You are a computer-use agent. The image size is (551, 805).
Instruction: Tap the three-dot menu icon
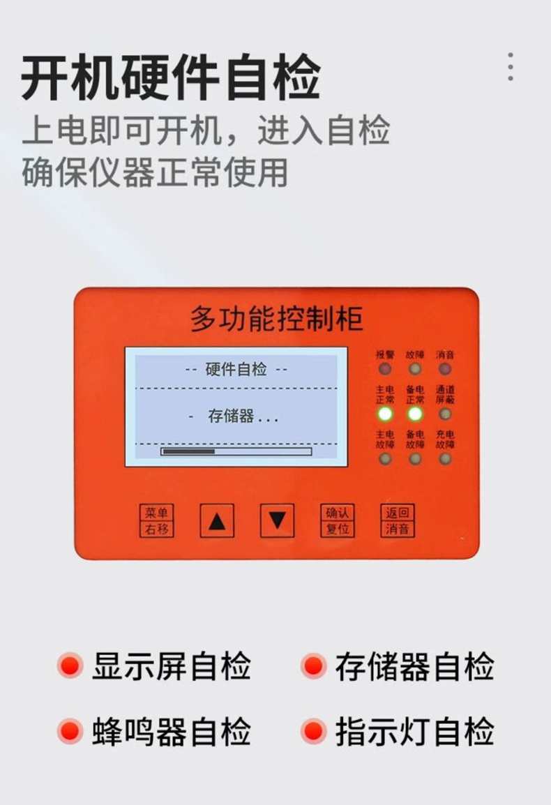coord(511,66)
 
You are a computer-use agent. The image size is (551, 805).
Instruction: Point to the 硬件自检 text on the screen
coord(236,370)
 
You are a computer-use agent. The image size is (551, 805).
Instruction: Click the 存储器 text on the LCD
coord(232,417)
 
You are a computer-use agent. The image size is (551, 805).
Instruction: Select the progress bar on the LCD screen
coord(236,451)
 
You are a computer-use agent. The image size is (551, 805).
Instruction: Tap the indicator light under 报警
coord(385,369)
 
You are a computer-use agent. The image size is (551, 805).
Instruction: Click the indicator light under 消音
coord(445,369)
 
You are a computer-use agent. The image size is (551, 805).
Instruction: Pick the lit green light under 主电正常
coord(385,414)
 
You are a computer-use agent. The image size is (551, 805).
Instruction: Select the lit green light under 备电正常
coord(415,414)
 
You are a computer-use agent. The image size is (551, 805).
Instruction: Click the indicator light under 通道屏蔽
coord(445,414)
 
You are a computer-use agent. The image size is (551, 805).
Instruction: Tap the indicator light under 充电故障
coord(445,458)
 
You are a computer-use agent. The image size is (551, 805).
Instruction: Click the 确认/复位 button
coord(338,520)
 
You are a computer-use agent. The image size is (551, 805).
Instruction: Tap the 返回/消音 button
coord(398,520)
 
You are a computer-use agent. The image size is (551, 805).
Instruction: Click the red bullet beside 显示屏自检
coord(70,665)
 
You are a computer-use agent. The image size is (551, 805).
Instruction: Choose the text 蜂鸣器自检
coord(172,732)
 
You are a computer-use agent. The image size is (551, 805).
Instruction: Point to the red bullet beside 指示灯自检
coord(314,732)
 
